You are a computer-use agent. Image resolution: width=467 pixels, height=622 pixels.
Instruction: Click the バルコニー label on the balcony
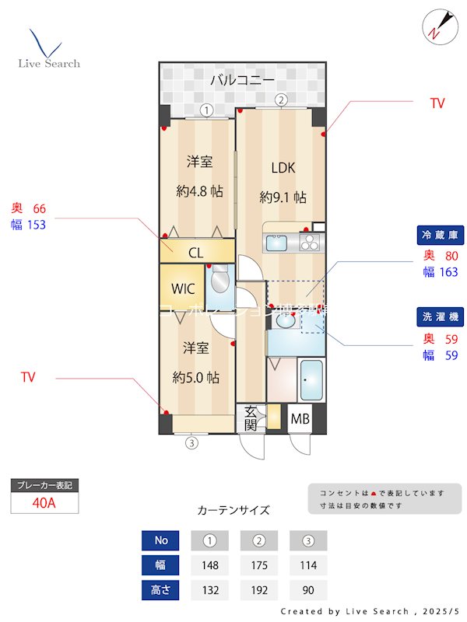(x=242, y=80)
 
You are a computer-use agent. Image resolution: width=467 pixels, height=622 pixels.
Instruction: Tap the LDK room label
(x=283, y=168)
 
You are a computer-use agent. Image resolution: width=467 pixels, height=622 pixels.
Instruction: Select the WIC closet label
(x=183, y=288)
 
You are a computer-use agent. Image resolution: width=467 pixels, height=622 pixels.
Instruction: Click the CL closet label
(x=196, y=253)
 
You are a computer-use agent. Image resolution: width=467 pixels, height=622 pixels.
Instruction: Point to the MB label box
(x=300, y=420)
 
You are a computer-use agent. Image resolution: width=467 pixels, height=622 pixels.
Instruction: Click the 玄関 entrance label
(x=251, y=419)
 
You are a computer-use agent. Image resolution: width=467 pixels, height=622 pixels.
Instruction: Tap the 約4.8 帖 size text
(x=199, y=191)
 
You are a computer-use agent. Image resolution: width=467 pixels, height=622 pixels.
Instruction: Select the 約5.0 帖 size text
(x=195, y=378)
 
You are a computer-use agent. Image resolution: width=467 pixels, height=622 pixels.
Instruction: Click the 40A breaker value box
(x=44, y=503)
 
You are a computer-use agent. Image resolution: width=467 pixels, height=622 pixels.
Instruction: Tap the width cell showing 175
(x=259, y=565)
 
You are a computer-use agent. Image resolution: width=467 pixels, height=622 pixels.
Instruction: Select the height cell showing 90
(x=308, y=590)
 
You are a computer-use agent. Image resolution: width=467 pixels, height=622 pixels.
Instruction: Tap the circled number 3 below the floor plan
(x=191, y=444)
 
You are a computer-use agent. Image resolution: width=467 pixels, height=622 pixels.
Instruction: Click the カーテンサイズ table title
(x=233, y=510)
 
